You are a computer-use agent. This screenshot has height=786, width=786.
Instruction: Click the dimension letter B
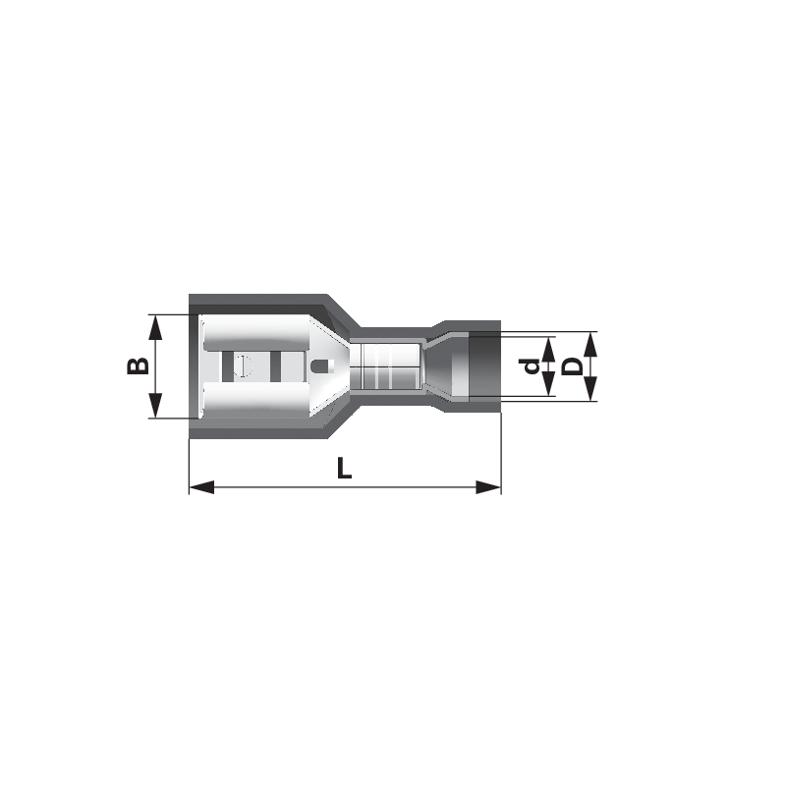click(138, 365)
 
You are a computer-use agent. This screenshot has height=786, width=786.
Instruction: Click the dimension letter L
click(344, 469)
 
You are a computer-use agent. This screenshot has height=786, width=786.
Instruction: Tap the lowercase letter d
click(531, 366)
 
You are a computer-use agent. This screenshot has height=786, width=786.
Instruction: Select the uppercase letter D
click(572, 365)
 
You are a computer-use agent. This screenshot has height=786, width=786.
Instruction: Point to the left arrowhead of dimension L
click(201, 486)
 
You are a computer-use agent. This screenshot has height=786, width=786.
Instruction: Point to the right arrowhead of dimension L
click(488, 486)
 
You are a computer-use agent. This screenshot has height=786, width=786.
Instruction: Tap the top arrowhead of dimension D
click(591, 344)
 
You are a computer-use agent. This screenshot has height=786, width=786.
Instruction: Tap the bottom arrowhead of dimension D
click(591, 389)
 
